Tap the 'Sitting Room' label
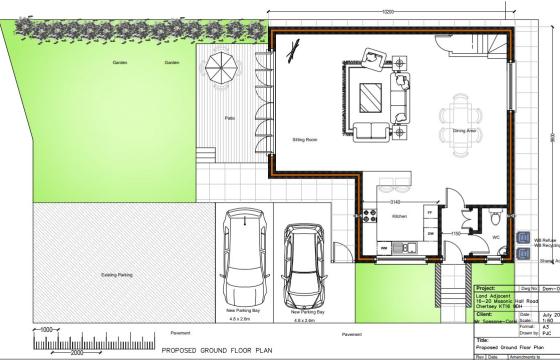pos(304,141)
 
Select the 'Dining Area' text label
pos(464,130)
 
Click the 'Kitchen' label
pos(397,216)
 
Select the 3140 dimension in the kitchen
pos(395,201)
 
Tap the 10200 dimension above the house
pos(387,11)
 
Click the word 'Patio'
pos(229,119)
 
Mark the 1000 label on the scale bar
pos(45,329)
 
